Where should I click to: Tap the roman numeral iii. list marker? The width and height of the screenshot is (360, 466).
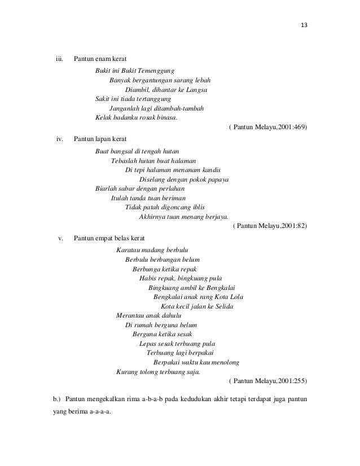tap(58, 59)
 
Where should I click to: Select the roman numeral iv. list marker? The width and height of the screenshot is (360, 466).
tap(59, 139)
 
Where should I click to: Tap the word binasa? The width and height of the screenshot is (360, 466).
tap(162, 118)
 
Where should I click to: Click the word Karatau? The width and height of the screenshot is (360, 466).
tap(128, 249)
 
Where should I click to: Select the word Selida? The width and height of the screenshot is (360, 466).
tap(221, 306)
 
